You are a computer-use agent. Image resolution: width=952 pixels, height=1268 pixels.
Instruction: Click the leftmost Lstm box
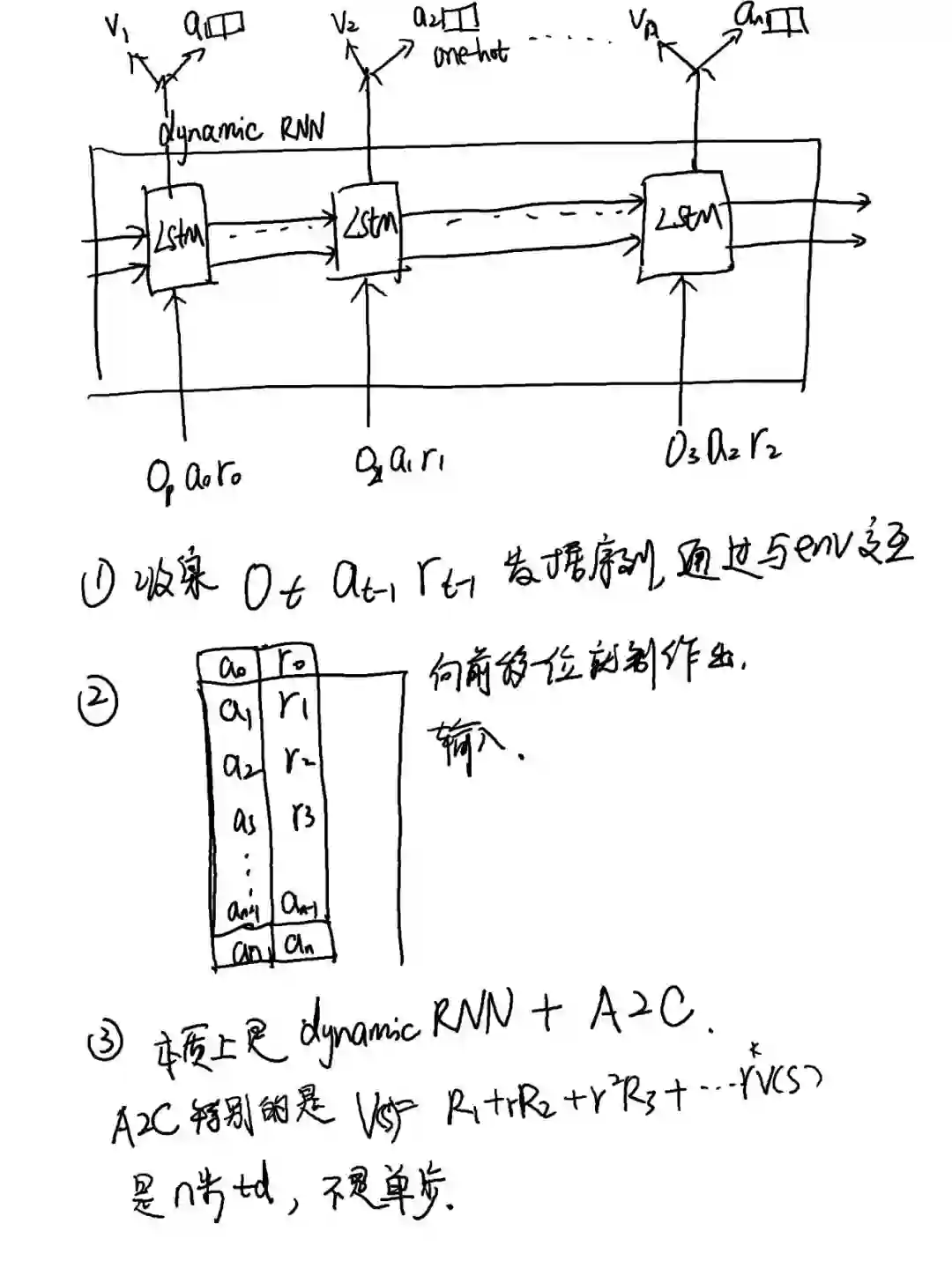(x=179, y=235)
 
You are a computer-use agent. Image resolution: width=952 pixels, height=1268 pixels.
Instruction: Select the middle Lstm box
(x=369, y=226)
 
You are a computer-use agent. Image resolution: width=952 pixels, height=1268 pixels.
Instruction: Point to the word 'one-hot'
(x=470, y=55)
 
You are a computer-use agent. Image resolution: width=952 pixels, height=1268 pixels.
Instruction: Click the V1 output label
(x=115, y=26)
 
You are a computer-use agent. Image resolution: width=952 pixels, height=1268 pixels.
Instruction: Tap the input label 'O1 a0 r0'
(x=194, y=477)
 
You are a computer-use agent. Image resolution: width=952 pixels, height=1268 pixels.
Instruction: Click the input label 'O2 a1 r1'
(x=398, y=460)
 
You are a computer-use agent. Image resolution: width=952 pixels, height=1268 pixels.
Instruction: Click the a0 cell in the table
(x=233, y=667)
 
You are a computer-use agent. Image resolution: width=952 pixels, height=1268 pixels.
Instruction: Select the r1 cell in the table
(x=293, y=706)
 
